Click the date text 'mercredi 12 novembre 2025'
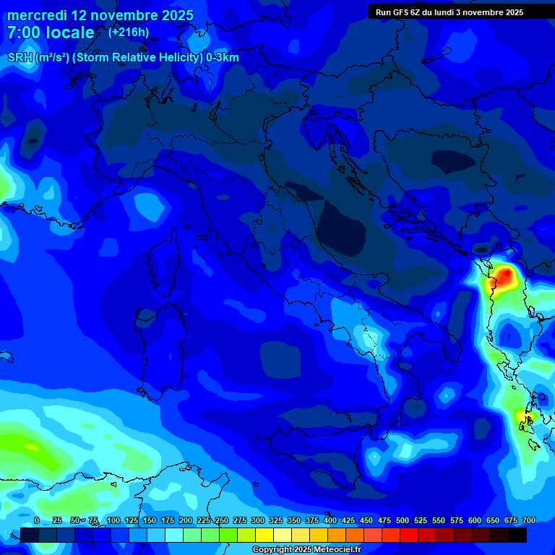(100, 15)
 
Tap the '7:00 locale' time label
(51, 33)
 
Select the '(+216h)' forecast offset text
(129, 32)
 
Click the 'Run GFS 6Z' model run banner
(449, 12)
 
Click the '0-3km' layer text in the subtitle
(222, 58)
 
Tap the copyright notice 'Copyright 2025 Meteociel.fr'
(317, 550)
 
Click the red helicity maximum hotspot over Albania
(504, 275)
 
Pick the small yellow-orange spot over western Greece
(522, 416)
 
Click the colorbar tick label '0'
(37, 520)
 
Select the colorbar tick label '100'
(113, 520)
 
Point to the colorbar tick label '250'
(221, 520)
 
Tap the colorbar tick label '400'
(330, 520)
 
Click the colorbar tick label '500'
(402, 520)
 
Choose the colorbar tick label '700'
(528, 520)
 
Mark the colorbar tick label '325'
(275, 520)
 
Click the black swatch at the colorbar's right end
(517, 535)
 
